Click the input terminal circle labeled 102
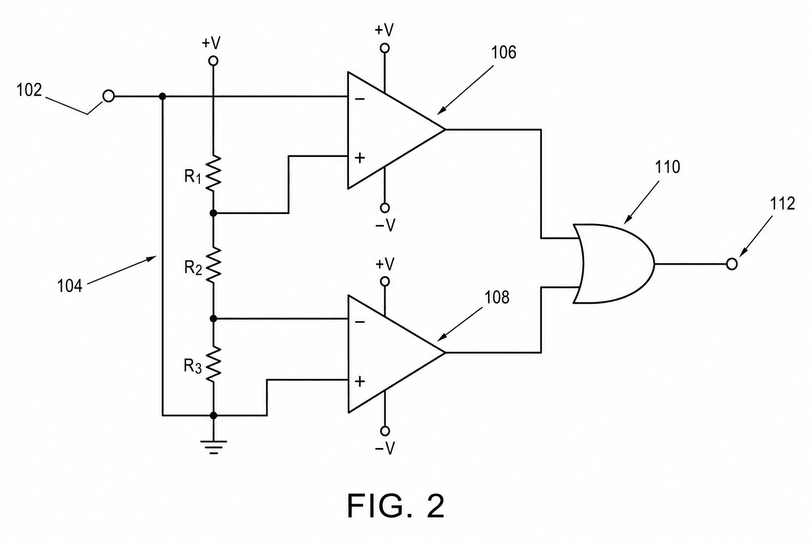click(109, 96)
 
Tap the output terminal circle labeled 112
click(732, 264)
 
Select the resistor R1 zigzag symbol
click(213, 173)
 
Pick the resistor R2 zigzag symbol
click(213, 265)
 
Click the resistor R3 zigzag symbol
click(213, 364)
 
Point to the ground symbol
click(214, 447)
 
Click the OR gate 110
click(614, 264)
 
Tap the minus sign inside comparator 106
click(359, 99)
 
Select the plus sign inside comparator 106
click(359, 158)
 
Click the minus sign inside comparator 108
click(359, 322)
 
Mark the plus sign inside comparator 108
click(359, 381)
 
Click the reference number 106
click(503, 52)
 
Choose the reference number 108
click(497, 297)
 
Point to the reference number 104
click(70, 286)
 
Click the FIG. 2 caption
click(395, 506)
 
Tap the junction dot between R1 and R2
click(213, 213)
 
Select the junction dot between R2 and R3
click(213, 319)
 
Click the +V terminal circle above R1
click(214, 61)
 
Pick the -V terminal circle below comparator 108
click(385, 431)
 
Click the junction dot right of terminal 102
click(162, 96)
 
